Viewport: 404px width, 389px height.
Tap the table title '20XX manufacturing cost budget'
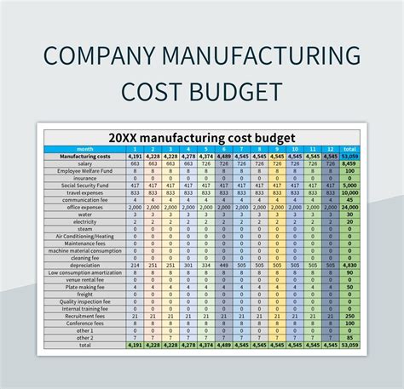click(201, 137)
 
